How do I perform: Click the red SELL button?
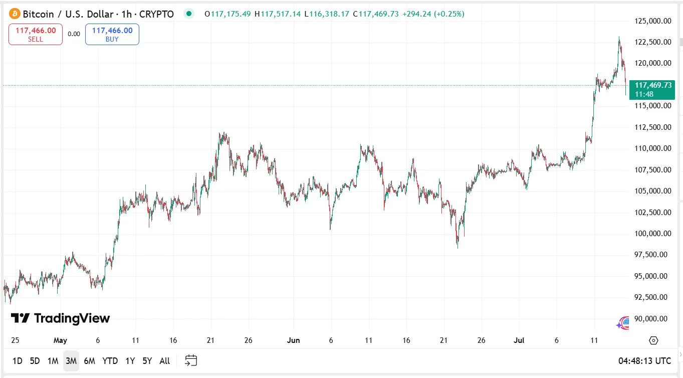tap(36, 35)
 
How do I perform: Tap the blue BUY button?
tap(112, 35)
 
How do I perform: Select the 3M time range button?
tap(71, 360)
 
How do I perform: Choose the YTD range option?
tap(110, 360)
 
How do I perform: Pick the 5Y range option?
tap(147, 360)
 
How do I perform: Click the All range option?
tap(164, 360)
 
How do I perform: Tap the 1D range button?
tap(17, 360)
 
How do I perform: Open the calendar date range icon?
tap(191, 360)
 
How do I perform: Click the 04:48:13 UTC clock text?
tap(644, 360)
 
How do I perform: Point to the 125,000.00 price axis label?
tap(652, 21)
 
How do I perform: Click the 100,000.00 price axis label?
tap(652, 234)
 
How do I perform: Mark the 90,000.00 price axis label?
tap(652, 319)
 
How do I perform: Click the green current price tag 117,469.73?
tap(652, 86)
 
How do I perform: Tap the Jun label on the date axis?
tap(293, 340)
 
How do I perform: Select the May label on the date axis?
tap(60, 340)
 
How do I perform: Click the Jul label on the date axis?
tap(519, 340)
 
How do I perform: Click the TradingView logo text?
tap(61, 318)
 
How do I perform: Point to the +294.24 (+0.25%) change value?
tap(433, 14)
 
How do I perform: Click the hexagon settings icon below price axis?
tap(653, 340)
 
